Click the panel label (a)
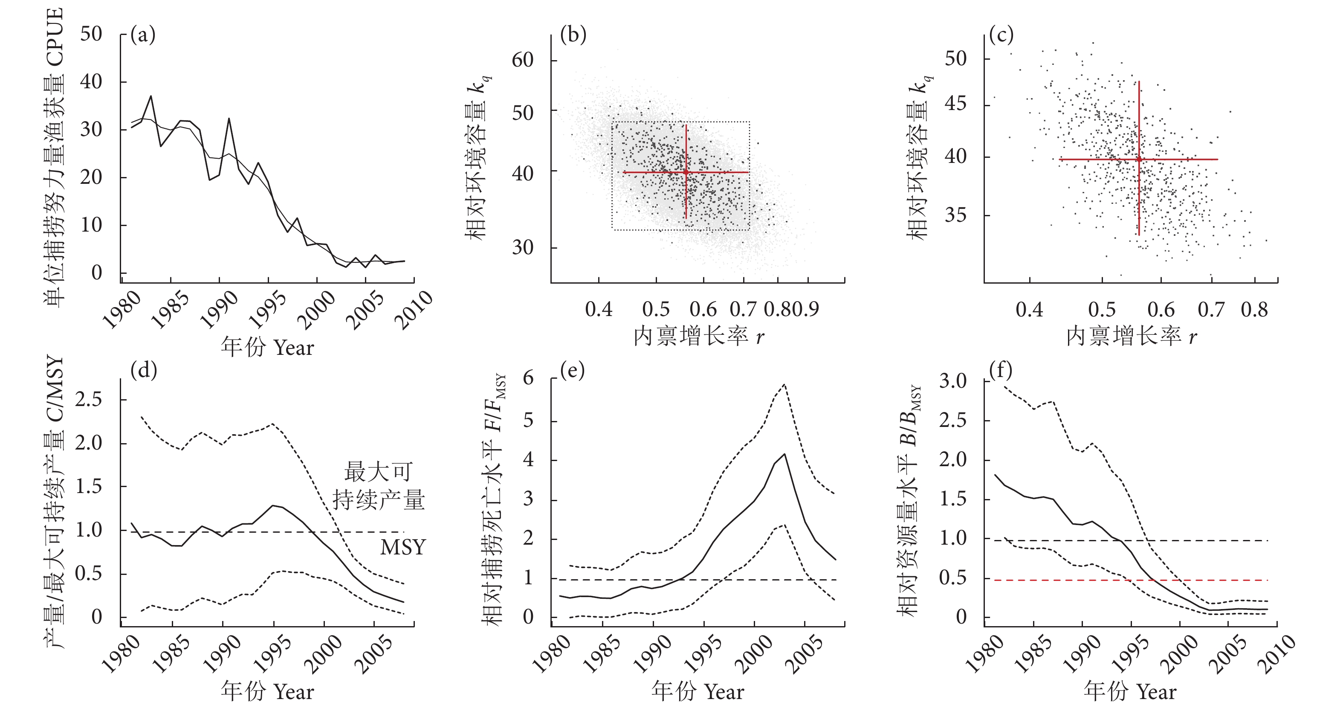point(143,35)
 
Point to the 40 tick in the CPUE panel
point(91,82)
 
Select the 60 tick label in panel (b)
point(522,60)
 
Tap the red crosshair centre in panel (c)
point(1139,159)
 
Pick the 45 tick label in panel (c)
point(955,104)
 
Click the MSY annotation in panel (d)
point(402,547)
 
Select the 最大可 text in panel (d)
point(378,472)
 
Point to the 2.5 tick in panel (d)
point(88,400)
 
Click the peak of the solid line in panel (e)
point(784,454)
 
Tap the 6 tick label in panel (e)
point(528,378)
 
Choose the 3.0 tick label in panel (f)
point(952,381)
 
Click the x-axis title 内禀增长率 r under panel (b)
point(699,337)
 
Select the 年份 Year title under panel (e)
point(698,692)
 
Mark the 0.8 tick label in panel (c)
point(1254,310)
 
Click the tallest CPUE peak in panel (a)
point(151,96)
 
